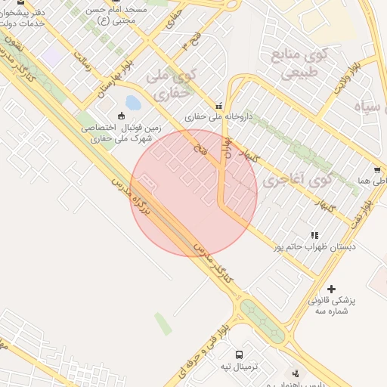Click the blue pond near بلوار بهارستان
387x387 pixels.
click(133, 102)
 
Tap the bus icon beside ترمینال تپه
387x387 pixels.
click(240, 354)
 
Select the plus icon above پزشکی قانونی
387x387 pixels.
click(331, 289)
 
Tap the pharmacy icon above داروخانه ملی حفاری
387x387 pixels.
click(220, 106)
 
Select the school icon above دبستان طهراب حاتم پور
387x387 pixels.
click(314, 235)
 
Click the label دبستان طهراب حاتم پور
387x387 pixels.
click(316, 247)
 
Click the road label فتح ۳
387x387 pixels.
click(178, 41)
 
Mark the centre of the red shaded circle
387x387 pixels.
click(193, 193)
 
